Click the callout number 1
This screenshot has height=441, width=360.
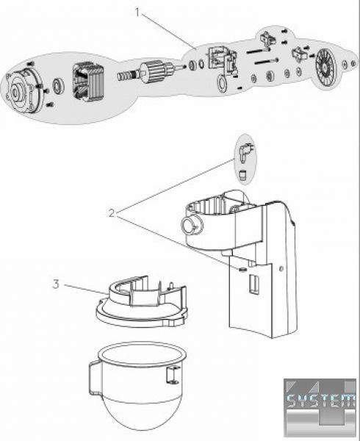tap(137, 12)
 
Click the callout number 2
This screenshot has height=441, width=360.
tap(112, 213)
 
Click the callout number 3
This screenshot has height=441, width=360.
tap(57, 284)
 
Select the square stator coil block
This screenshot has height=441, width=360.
tap(88, 82)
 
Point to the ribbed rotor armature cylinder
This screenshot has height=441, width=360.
tap(155, 73)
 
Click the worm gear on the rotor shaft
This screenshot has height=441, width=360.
tap(127, 76)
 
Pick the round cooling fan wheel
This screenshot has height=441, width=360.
tap(327, 66)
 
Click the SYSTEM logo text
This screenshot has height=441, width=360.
tap(321, 401)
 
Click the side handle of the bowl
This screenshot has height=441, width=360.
tap(93, 379)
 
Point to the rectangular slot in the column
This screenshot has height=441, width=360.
tap(253, 284)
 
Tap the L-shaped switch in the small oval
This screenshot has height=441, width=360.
tap(244, 152)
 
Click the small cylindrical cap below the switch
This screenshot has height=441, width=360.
tap(242, 175)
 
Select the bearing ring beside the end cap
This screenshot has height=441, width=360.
tap(60, 86)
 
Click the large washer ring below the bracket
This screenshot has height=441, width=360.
tap(222, 83)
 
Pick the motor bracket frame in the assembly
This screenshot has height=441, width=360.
tap(223, 61)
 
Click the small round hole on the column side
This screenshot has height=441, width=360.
tap(281, 268)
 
